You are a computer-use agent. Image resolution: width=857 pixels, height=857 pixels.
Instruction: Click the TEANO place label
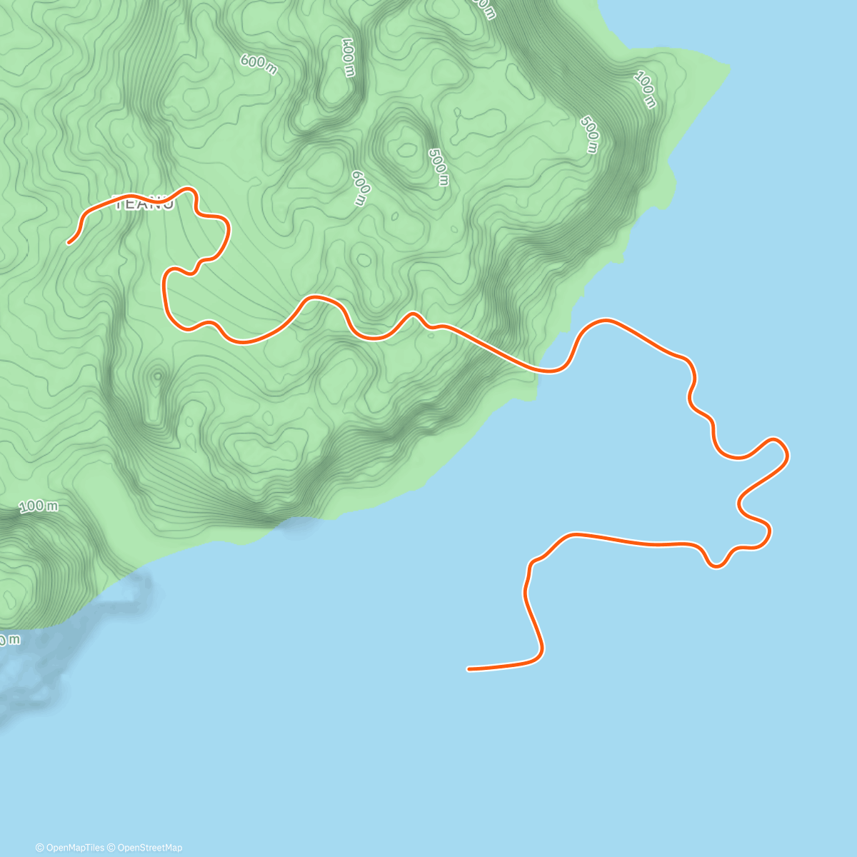pos(144,204)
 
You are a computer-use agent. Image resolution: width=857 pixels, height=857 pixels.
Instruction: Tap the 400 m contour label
pos(349,57)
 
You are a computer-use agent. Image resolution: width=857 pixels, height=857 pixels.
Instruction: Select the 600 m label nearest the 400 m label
pos(259,64)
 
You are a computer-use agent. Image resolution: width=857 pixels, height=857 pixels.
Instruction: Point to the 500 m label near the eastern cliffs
pos(589,134)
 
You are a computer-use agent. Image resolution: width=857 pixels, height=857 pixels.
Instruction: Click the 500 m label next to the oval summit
pos(438,166)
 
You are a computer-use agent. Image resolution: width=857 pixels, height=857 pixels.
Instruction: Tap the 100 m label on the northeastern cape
pos(644,90)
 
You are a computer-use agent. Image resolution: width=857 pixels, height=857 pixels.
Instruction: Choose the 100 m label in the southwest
pos(39,506)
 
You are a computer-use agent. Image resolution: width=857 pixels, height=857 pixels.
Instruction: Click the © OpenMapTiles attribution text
pos(70,848)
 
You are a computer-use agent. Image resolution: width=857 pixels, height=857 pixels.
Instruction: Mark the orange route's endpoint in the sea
pos(468,669)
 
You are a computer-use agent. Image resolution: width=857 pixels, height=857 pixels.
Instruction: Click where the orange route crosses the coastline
pos(541,370)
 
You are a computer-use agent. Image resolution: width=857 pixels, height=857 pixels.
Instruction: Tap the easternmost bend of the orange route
pos(787,454)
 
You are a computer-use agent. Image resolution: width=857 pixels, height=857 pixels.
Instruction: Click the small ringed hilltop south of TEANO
pos(156,374)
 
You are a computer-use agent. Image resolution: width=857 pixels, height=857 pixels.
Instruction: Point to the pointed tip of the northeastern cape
pos(729,69)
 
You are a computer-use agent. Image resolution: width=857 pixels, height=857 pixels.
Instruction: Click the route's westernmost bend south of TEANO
pos(165,286)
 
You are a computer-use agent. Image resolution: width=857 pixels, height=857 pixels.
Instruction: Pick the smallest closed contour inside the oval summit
pos(408,149)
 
